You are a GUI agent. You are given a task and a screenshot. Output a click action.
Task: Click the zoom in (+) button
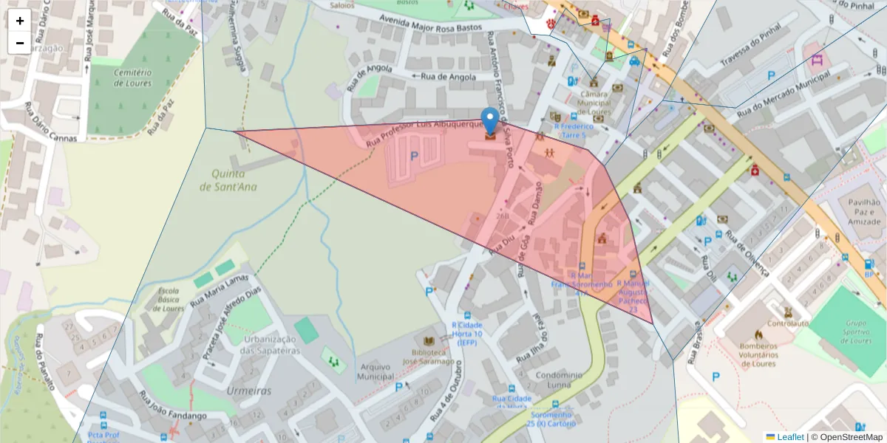click(20, 21)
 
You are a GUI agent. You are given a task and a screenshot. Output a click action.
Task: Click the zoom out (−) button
click(20, 43)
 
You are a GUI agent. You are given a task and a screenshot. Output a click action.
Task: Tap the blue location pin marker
click(489, 120)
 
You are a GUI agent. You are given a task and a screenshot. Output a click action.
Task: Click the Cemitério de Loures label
click(133, 78)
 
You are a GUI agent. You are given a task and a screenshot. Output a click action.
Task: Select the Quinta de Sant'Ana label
click(228, 181)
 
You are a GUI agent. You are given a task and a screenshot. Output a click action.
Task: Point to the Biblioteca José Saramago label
click(429, 357)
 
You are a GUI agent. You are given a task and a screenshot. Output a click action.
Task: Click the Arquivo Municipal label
click(375, 371)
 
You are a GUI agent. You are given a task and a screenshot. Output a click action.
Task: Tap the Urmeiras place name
click(249, 391)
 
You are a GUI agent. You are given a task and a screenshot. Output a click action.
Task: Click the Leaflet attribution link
click(790, 437)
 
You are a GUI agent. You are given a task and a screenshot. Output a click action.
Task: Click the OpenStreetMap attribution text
click(846, 437)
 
